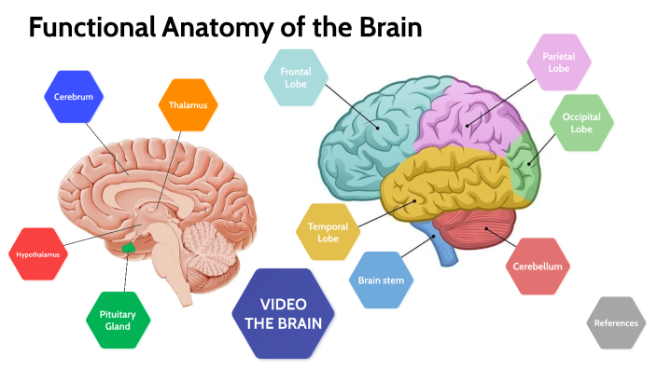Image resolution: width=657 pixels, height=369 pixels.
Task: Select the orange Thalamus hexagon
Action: coord(188,104)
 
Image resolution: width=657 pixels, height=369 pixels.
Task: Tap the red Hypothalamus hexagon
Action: coord(38,253)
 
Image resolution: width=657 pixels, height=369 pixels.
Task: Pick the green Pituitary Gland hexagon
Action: coord(118,321)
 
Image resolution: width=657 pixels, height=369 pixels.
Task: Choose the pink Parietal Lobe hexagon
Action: coord(557,62)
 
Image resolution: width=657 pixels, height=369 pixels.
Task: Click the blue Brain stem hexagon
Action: coord(379,279)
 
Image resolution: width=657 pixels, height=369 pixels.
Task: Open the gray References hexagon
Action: coord(616,322)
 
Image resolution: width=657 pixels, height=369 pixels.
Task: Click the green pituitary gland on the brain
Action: coord(130,249)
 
